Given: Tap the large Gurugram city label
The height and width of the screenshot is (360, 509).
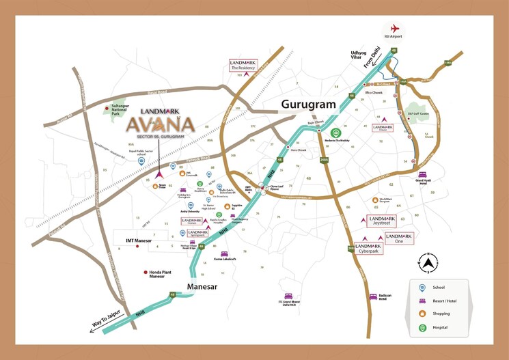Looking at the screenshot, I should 309,105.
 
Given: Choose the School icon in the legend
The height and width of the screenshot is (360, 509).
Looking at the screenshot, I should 423,288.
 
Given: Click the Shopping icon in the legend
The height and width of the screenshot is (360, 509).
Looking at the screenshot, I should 423,315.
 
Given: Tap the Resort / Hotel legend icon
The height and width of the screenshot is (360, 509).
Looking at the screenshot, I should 423,301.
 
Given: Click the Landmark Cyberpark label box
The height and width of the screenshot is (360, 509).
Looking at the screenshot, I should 369,248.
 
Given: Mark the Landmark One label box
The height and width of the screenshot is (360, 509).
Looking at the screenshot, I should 399,238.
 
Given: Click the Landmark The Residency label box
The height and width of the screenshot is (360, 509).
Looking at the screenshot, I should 243,65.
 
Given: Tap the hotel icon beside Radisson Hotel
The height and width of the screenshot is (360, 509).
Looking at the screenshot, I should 372,296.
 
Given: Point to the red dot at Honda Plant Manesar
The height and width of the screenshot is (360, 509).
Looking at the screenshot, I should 145,273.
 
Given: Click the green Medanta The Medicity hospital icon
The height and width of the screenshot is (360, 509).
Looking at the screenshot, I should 335,133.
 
